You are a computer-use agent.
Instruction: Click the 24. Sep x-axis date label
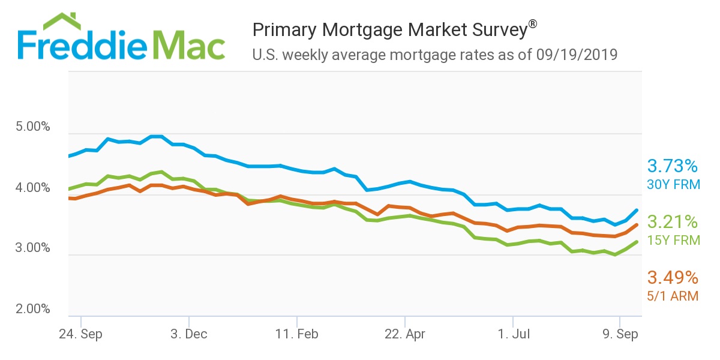pos(80,334)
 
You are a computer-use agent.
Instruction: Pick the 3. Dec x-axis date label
pos(188,334)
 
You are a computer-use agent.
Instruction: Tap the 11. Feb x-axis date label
pos(297,334)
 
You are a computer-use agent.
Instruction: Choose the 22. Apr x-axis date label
pos(405,334)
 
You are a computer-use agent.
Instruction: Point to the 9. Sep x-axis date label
pos(619,334)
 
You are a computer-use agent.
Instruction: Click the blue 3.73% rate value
pos(673,166)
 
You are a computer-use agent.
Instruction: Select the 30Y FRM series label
pos(673,184)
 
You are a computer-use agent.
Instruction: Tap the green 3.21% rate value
pos(673,222)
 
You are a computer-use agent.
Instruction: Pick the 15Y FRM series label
pos(673,240)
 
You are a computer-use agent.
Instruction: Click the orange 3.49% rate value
pos(673,278)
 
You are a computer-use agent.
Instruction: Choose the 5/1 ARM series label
pos(673,296)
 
